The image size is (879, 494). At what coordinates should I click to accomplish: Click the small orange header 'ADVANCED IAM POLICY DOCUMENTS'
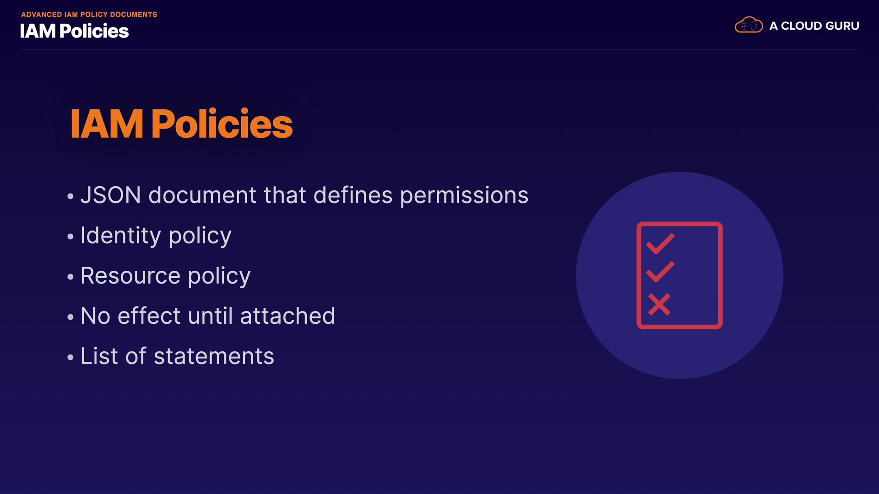(x=89, y=15)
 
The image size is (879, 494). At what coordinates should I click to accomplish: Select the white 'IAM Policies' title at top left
(x=74, y=31)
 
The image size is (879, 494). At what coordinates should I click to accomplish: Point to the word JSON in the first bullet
(x=111, y=195)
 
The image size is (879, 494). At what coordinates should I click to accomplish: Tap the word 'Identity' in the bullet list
(x=121, y=236)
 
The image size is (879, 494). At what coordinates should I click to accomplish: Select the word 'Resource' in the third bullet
(x=130, y=276)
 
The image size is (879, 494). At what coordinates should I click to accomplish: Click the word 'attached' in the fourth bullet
(x=288, y=316)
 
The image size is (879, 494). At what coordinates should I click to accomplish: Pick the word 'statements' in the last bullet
(x=214, y=356)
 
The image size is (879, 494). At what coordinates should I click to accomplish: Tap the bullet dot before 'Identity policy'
(x=70, y=236)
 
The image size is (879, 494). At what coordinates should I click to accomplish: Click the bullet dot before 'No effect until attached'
(x=70, y=317)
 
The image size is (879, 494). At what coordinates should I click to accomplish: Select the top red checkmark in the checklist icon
(x=660, y=243)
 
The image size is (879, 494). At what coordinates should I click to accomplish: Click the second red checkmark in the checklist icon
(x=660, y=271)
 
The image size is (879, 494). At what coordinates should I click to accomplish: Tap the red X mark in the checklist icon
(x=659, y=304)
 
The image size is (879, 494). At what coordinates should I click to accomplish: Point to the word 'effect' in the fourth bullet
(x=149, y=316)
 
